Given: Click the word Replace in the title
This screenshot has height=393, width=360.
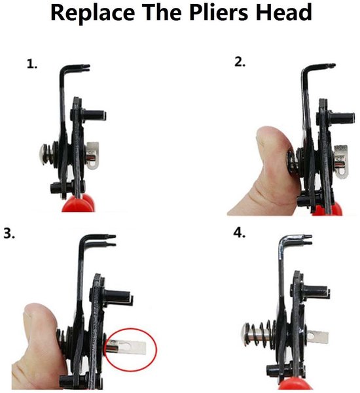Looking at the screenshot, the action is [93, 12].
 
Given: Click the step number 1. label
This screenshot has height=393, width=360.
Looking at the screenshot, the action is [32, 64].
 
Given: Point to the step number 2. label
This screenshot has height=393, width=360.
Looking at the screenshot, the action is [240, 61].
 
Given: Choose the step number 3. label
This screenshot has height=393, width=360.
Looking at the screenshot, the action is [9, 233].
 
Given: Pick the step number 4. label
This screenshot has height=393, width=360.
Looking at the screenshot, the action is [240, 233].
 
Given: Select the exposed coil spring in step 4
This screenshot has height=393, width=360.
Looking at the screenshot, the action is [261, 334].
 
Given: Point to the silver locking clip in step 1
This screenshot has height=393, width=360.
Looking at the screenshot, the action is [92, 156].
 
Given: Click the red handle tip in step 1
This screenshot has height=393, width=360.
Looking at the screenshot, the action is [79, 203].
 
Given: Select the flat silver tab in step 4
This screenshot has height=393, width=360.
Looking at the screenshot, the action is [317, 337].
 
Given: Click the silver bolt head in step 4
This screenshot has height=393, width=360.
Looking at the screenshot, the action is [247, 335].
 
